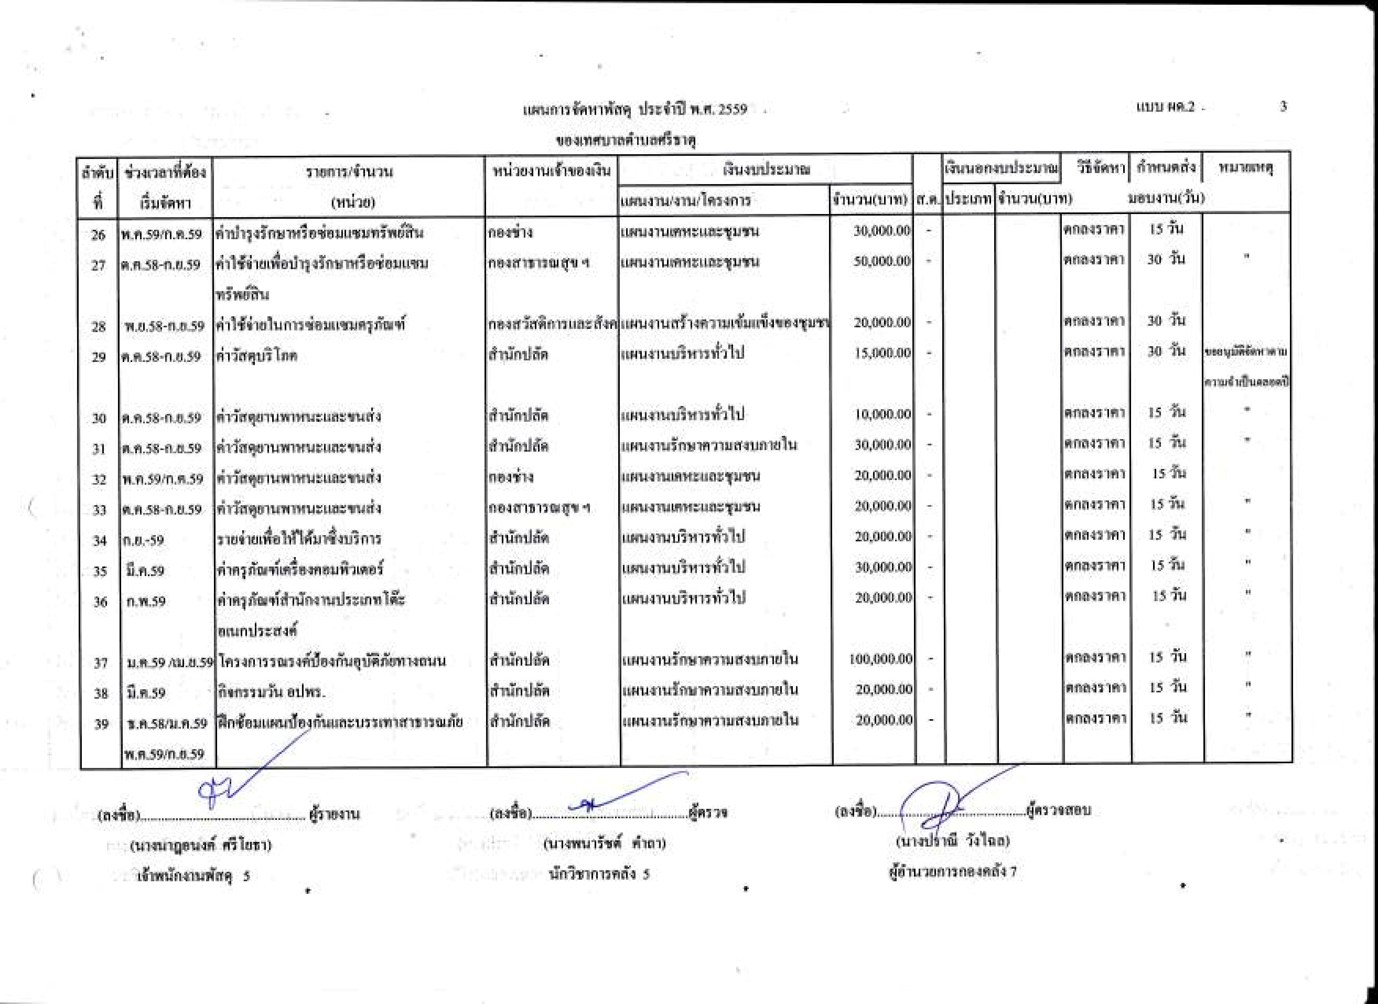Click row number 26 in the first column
[98, 234]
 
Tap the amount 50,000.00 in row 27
[882, 261]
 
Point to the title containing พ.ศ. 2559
[634, 109]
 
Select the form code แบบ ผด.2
[1165, 107]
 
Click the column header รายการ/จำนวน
[349, 172]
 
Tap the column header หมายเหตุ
[1245, 168]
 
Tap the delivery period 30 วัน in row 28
[1166, 320]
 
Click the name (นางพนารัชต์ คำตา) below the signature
[604, 843]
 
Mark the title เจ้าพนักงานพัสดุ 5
[193, 876]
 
